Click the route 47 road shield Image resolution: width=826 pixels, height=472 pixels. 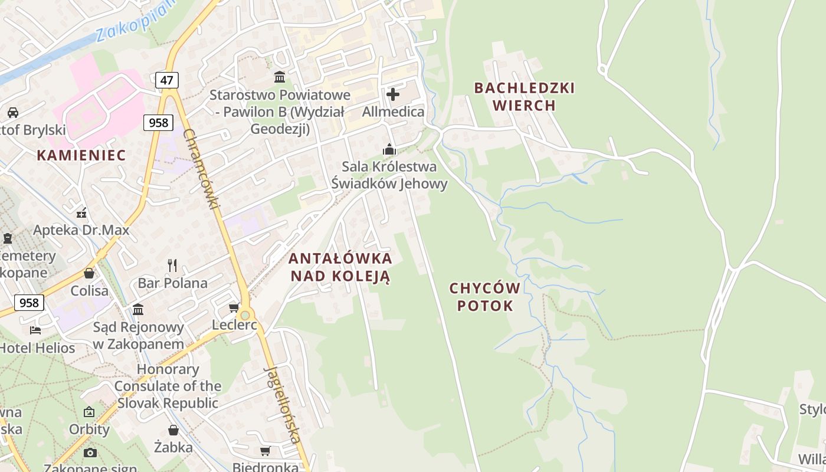(167, 80)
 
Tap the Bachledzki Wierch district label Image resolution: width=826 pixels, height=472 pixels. (524, 97)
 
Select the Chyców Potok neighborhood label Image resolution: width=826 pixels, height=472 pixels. (484, 297)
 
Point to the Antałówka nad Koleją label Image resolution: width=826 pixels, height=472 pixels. (340, 267)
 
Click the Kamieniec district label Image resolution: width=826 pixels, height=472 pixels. (81, 155)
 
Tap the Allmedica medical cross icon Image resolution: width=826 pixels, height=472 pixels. (393, 94)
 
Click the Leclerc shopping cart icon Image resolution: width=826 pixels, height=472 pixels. (234, 308)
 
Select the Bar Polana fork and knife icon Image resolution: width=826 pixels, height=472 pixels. (172, 265)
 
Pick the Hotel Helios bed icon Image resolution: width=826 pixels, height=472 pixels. (35, 330)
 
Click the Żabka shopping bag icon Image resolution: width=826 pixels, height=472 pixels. (173, 430)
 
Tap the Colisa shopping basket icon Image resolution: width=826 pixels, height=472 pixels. (89, 273)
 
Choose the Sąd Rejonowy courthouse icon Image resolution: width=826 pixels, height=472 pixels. (138, 309)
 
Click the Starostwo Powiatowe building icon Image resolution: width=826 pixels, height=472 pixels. (280, 77)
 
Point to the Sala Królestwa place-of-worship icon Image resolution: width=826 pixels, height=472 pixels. (389, 149)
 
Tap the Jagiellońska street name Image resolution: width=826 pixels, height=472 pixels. (283, 404)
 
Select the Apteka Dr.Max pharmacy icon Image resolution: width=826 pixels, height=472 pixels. (81, 212)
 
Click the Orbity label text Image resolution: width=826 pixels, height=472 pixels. (90, 429)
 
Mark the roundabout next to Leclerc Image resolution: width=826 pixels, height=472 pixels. (245, 315)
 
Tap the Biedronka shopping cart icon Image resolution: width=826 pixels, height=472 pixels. (265, 451)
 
